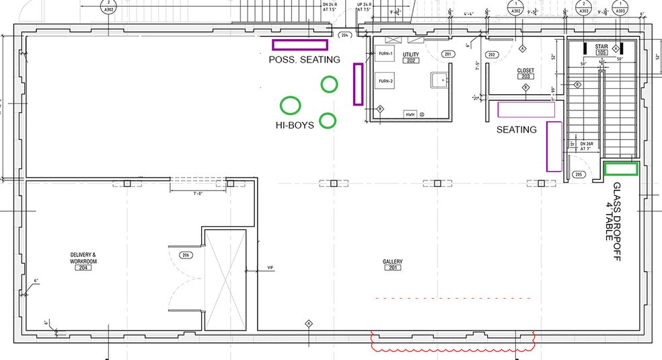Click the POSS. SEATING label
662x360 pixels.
point(304,60)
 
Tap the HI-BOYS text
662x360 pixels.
point(295,125)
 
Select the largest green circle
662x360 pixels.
point(290,105)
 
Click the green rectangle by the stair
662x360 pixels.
point(620,169)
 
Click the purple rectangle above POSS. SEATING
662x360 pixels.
point(299,45)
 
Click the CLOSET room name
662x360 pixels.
point(525,70)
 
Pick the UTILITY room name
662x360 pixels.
point(410,54)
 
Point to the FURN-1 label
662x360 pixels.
point(385,53)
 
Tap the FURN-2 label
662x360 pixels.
point(385,81)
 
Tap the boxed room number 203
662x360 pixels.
point(525,77)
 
